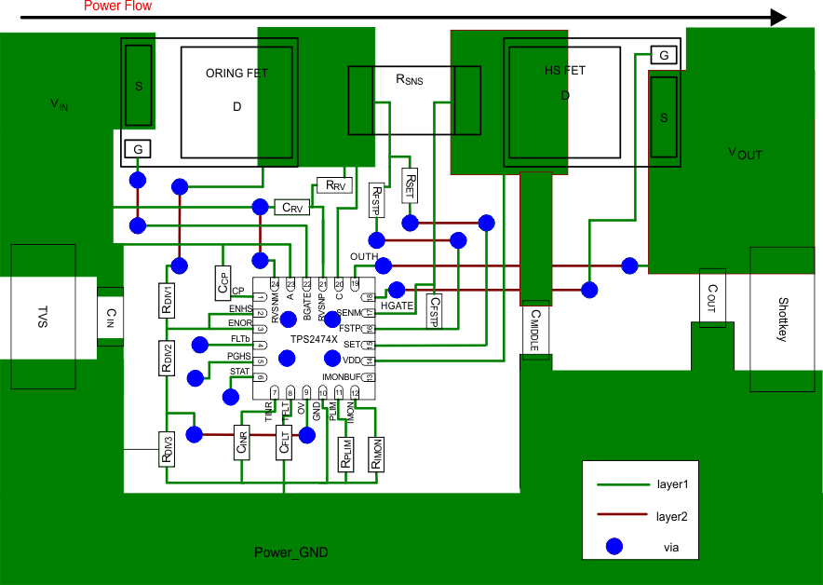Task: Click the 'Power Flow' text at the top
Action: (x=117, y=7)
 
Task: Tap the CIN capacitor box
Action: (x=110, y=316)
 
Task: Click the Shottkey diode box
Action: (x=781, y=320)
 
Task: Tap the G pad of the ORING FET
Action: (x=137, y=149)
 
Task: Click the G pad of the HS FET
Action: (x=664, y=56)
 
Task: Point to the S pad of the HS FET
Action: (x=664, y=117)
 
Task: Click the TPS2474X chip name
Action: (x=313, y=340)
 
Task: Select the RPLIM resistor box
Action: (x=345, y=454)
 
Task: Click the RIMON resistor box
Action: (x=377, y=454)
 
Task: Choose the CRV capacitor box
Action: (x=293, y=207)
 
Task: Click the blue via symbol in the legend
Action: (x=614, y=546)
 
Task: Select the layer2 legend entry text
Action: (x=671, y=515)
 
